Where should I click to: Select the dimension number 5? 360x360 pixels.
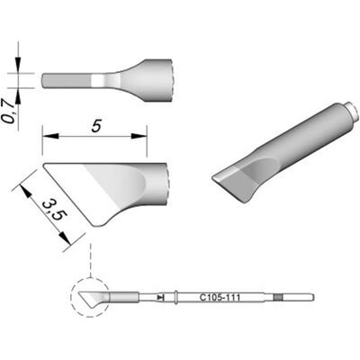95,126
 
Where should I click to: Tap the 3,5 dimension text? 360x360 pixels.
54,211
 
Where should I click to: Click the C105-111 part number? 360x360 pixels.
220,298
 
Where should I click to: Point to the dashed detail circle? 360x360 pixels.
89,296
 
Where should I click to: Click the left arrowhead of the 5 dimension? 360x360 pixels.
50,136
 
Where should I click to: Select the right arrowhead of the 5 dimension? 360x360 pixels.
139,136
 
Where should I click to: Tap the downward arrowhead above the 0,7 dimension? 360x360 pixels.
19,65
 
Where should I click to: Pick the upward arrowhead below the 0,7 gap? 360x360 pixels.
19,96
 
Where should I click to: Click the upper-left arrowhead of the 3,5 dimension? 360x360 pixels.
26,192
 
